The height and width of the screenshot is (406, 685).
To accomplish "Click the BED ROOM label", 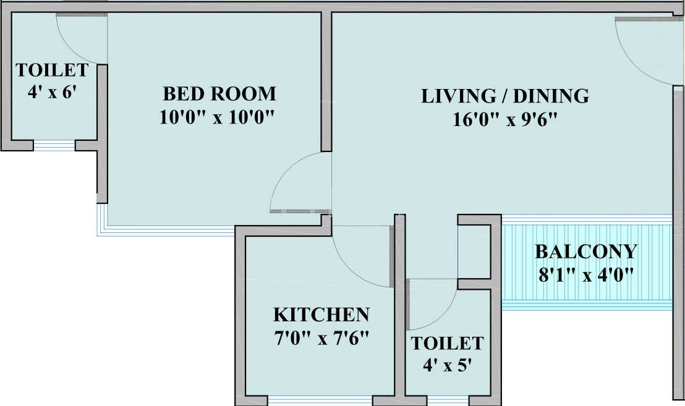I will click(x=219, y=94).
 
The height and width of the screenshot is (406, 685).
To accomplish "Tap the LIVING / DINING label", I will click(x=504, y=96).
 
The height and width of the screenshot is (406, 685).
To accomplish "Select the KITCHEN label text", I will click(x=321, y=315).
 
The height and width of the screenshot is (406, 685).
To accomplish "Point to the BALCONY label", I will click(x=585, y=252).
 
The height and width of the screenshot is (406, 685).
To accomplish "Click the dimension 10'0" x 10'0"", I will click(x=216, y=117).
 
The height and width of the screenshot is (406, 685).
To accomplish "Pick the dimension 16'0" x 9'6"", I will click(x=505, y=119).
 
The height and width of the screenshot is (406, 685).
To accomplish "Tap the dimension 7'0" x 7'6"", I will click(x=321, y=338).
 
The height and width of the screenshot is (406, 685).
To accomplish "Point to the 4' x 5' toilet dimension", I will click(x=448, y=365).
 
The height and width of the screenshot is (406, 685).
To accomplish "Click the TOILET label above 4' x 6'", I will click(x=52, y=69).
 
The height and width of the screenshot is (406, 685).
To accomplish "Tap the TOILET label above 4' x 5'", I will click(x=448, y=343).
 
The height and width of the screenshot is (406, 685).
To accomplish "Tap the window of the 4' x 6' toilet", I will click(x=54, y=146).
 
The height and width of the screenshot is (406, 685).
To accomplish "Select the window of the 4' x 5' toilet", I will click(x=449, y=400).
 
